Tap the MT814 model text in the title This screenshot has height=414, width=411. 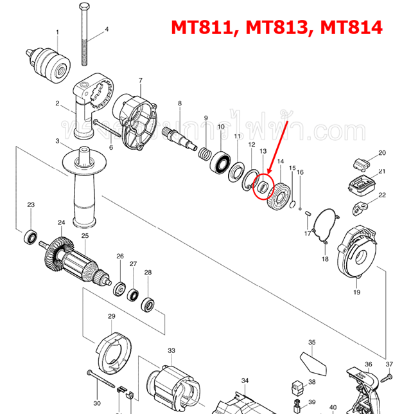coord(349,28)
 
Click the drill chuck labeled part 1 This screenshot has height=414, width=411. coord(48,62)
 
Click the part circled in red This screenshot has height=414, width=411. coord(262,187)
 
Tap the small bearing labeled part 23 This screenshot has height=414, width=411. coord(30,236)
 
